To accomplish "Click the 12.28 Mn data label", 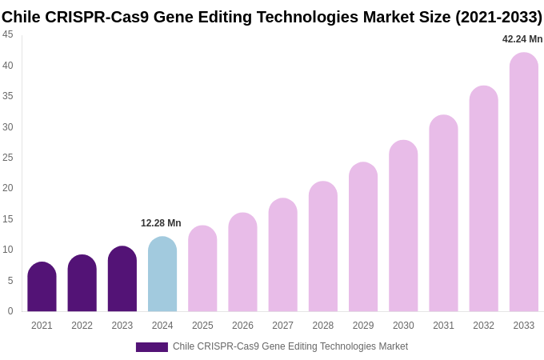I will coord(161,223).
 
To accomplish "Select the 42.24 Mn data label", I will coord(522,39).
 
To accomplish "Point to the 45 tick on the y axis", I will coord(8,34).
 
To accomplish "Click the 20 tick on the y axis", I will coord(8,188).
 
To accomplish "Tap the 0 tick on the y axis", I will coord(10,311).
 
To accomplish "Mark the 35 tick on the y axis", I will coord(8,96).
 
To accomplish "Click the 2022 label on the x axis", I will coord(82,326).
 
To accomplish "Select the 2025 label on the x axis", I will coord(202,326).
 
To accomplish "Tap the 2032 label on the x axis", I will coord(483,326).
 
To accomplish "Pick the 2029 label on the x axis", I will coord(363,326).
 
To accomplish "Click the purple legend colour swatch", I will coord(152,347).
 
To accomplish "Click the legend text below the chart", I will coord(290,346).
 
